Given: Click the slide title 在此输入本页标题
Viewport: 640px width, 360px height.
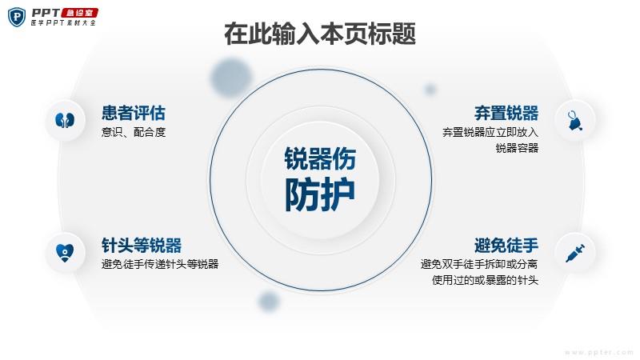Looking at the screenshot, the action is coord(320,34).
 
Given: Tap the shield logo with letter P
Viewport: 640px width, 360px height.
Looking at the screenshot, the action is coord(17,17).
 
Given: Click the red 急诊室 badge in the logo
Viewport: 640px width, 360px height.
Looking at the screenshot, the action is coord(79,13).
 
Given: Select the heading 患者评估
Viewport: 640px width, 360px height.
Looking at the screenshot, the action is coord(134,113).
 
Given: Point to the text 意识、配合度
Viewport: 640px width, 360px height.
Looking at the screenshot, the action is coord(134,132).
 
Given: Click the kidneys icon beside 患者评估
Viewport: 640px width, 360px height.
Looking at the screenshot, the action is coord(65,121).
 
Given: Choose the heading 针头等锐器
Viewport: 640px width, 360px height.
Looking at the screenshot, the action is coord(142,246).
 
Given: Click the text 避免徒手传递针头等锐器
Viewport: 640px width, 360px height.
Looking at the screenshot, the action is coord(160,264).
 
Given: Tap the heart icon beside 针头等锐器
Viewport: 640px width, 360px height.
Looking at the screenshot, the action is coord(65,253).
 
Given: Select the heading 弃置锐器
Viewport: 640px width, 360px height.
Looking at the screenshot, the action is coord(506,113).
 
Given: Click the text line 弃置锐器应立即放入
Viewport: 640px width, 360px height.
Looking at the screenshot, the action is coord(490,132).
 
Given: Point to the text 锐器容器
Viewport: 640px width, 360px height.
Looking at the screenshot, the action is coord(517,148).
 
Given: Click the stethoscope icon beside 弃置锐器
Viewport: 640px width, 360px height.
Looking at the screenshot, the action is coord(574,121).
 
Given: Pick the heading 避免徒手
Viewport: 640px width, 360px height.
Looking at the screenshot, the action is coord(506,246).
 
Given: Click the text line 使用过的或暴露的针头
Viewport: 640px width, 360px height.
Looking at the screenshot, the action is coord(486,280).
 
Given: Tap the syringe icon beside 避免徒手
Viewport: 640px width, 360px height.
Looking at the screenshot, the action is coord(574,253).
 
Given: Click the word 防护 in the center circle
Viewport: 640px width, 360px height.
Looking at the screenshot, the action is coord(319,194).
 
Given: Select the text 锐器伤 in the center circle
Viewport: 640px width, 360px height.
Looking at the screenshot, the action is coord(320,158).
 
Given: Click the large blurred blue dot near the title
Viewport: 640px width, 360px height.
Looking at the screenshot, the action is coord(231,78).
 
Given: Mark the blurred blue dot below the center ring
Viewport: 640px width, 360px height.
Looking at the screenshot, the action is coord(269,302).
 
